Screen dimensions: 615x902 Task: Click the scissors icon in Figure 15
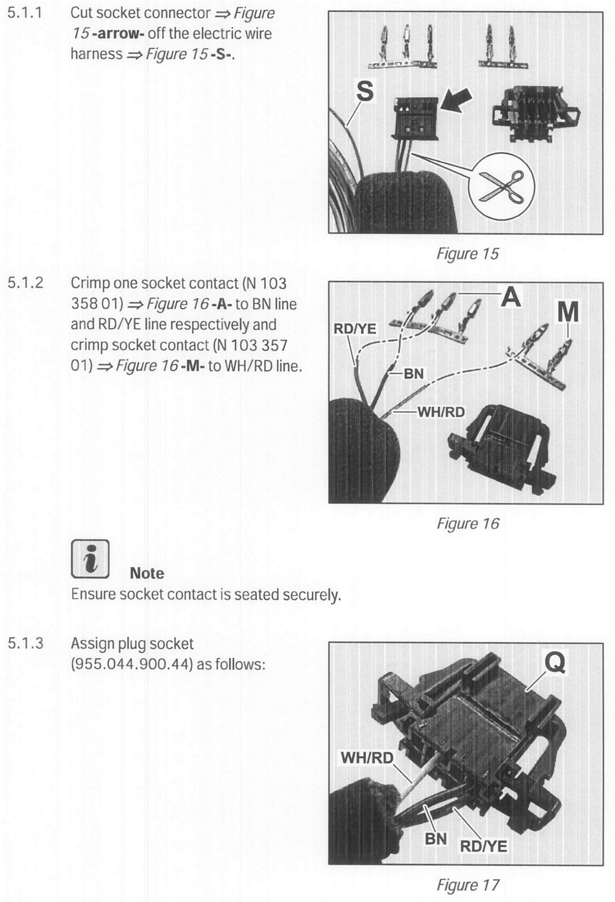pyautogui.click(x=502, y=186)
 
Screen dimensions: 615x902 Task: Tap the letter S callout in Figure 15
pyautogui.click(x=364, y=91)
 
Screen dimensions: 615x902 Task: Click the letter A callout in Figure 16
pyautogui.click(x=511, y=297)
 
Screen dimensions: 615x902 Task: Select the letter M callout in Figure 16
pyautogui.click(x=568, y=312)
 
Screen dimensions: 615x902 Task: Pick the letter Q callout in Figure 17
pyautogui.click(x=555, y=662)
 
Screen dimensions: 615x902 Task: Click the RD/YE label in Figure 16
pyautogui.click(x=355, y=329)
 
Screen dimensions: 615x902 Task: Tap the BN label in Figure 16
pyautogui.click(x=413, y=374)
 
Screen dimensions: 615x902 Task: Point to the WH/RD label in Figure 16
pyautogui.click(x=441, y=412)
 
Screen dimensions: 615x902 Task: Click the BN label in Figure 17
pyautogui.click(x=436, y=838)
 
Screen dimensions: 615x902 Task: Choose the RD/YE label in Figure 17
pyautogui.click(x=483, y=846)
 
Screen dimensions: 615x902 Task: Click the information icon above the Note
pyautogui.click(x=90, y=558)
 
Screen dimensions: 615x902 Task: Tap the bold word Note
pyautogui.click(x=147, y=573)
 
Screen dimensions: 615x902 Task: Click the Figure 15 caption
pyautogui.click(x=467, y=254)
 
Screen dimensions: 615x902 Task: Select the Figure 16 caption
pyautogui.click(x=468, y=523)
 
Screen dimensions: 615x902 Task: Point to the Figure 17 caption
pyautogui.click(x=468, y=885)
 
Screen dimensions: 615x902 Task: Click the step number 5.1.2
pyautogui.click(x=25, y=283)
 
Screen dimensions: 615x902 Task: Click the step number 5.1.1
pyautogui.click(x=25, y=13)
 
